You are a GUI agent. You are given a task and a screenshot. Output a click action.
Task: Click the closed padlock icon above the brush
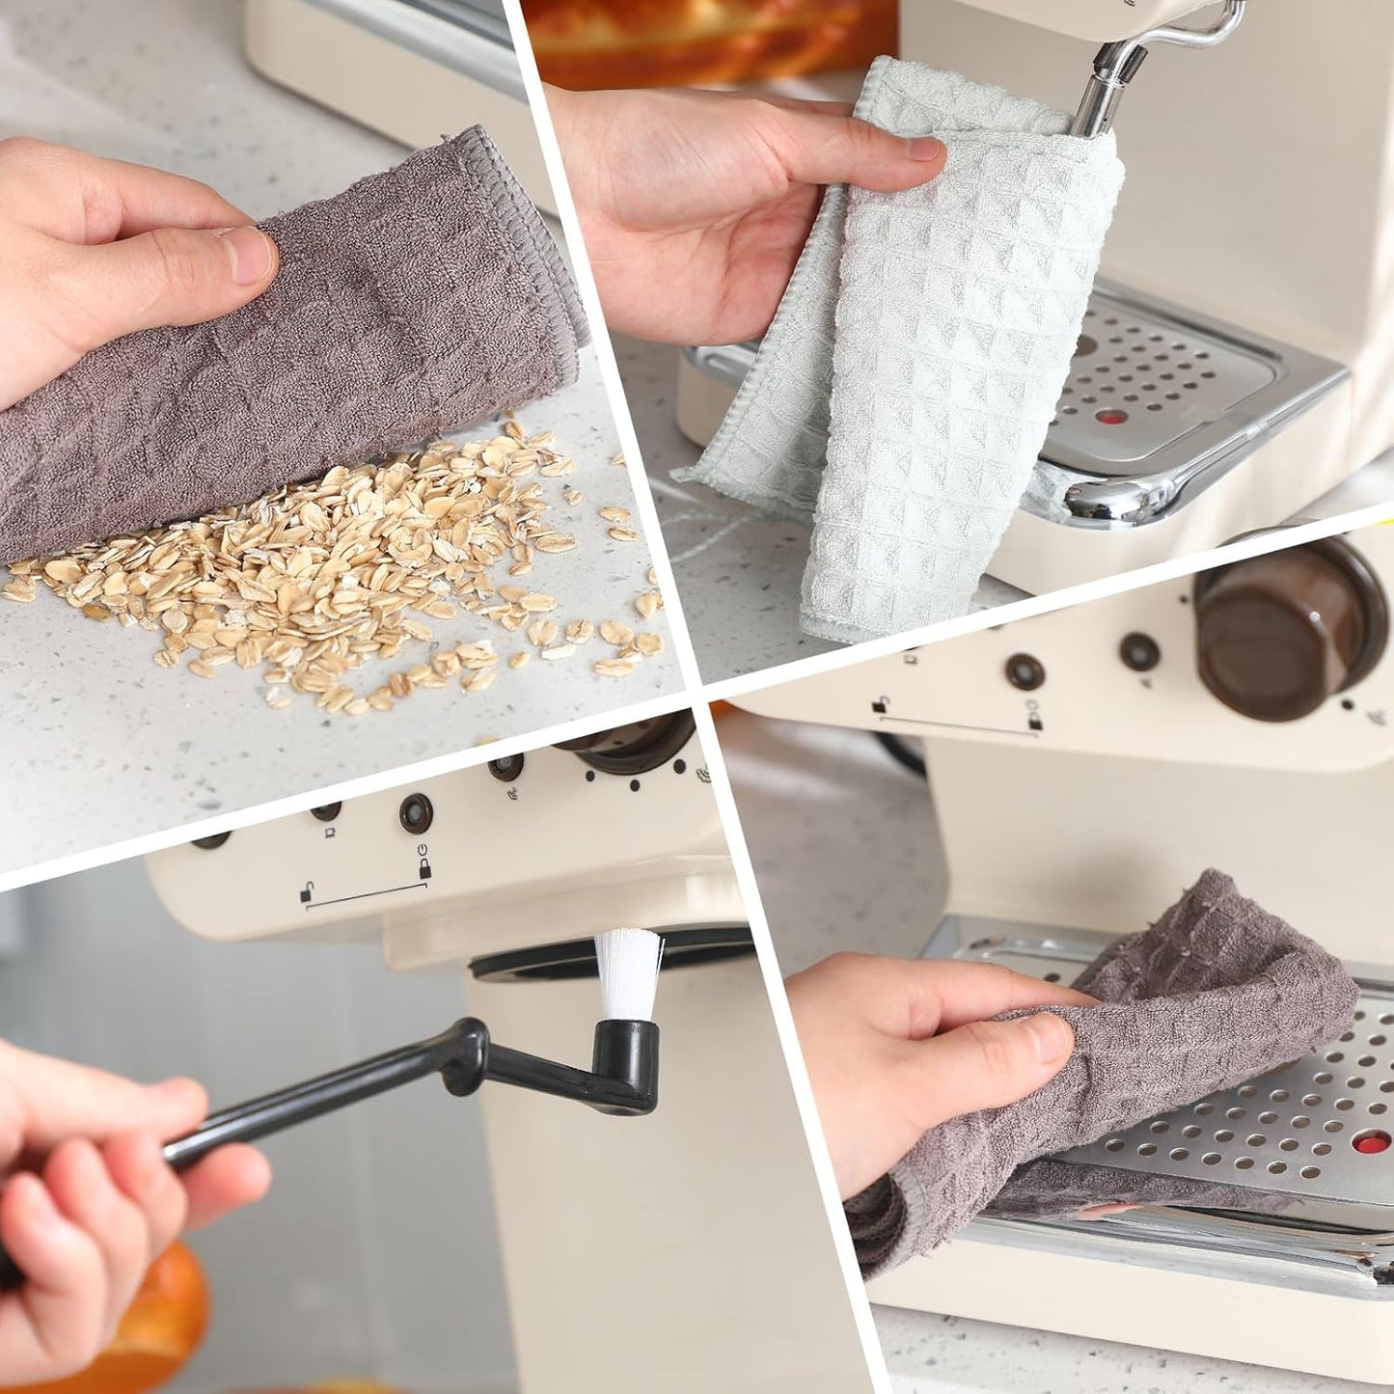pos(424,868)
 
